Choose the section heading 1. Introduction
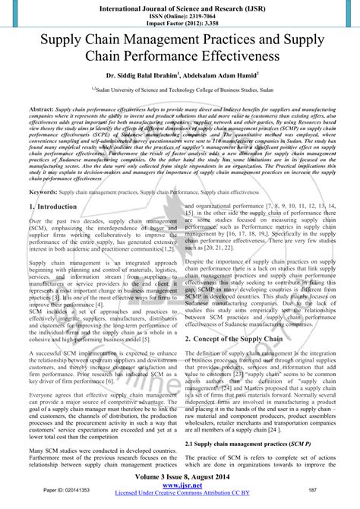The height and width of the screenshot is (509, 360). (x=53, y=207)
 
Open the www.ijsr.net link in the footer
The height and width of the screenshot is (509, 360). (x=180, y=486)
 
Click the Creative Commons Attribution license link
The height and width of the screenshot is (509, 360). (x=180, y=495)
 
